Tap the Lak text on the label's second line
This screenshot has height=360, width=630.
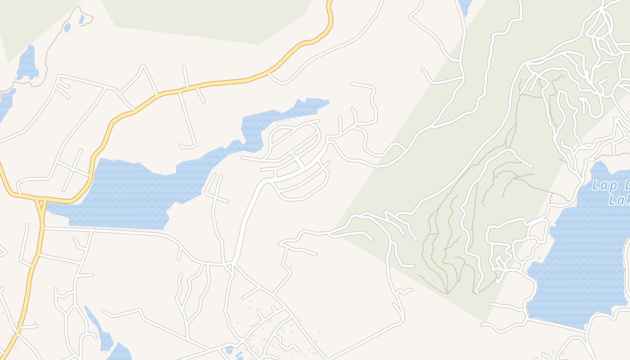(619, 200)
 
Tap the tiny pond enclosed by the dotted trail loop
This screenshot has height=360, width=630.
(81, 19)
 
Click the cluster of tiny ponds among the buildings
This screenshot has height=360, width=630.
(232, 351)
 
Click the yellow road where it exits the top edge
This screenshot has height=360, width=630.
(330, 4)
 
